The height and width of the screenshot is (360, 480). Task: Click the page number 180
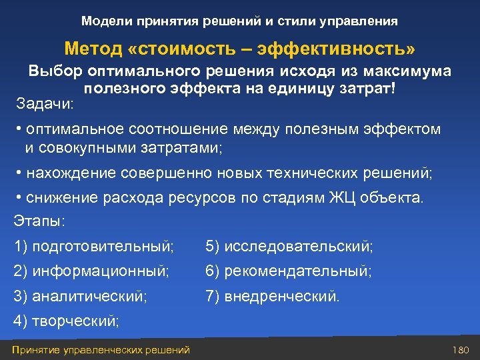[x=461, y=350]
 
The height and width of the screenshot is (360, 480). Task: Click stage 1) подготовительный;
[x=94, y=247]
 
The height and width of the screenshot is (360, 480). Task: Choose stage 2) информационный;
[x=92, y=271]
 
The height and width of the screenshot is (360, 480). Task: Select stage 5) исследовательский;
[x=289, y=247]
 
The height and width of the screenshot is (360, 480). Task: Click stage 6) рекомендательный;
[x=289, y=271]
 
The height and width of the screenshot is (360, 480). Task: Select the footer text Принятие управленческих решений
[x=101, y=350]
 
